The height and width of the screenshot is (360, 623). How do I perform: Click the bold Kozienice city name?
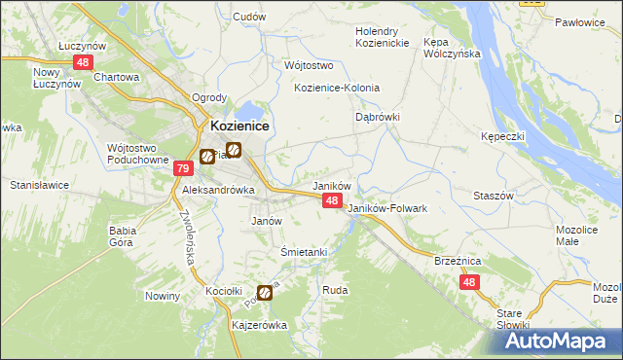click(240, 126)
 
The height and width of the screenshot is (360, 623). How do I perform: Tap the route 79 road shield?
click(183, 169)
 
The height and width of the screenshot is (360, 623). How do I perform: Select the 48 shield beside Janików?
click(332, 200)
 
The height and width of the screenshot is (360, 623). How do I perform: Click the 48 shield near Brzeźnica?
click(470, 282)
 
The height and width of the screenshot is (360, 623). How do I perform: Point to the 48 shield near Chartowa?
click(83, 62)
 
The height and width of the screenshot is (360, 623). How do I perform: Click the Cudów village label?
click(250, 18)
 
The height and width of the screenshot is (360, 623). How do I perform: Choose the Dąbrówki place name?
click(378, 116)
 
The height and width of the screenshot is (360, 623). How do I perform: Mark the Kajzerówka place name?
click(260, 325)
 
